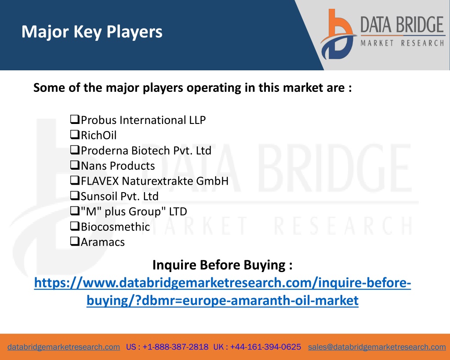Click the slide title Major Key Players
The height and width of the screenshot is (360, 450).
[92, 32]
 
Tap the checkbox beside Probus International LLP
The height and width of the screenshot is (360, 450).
[75, 119]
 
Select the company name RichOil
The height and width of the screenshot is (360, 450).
[99, 135]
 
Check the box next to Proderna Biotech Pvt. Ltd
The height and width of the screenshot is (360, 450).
[75, 149]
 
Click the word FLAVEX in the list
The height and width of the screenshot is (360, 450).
[100, 181]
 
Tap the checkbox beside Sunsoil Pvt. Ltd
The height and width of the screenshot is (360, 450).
[75, 195]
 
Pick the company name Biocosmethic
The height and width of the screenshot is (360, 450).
[116, 227]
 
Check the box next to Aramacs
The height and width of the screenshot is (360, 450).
[75, 241]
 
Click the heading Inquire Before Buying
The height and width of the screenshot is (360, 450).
[222, 265]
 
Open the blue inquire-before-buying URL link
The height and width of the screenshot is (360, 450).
[222, 291]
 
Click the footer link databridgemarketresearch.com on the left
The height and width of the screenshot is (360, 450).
[64, 347]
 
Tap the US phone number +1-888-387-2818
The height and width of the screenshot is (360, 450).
[175, 347]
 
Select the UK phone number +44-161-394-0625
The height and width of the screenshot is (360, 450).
[265, 347]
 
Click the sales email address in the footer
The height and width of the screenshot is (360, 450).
[377, 347]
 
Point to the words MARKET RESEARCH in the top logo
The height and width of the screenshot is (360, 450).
[403, 44]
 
